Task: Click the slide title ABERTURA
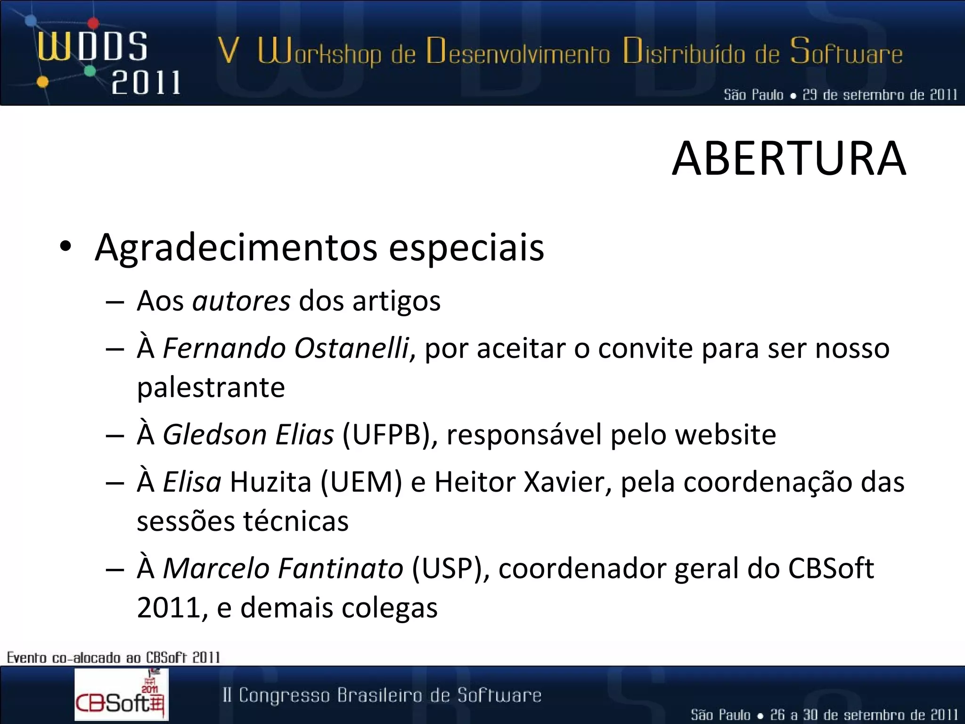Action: coord(789,159)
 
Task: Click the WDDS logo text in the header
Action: coord(92,47)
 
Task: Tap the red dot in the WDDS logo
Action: coord(94,23)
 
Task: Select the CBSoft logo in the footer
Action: coord(121,695)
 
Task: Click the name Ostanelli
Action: coord(352,348)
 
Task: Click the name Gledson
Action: coord(214,435)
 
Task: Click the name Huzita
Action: coord(270,482)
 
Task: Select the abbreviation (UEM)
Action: coord(361,482)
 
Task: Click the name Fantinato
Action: coord(340,568)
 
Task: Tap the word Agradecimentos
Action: coord(236,247)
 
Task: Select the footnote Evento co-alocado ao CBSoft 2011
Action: coord(113,657)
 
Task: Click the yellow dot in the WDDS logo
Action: coord(42,82)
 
